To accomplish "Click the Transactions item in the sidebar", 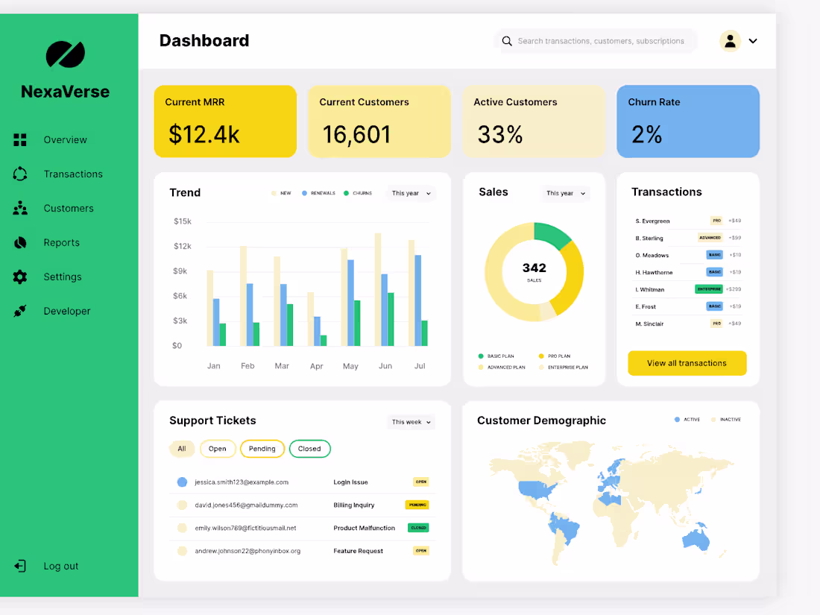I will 72,174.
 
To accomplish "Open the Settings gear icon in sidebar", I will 20,277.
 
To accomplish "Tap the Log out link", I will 60,566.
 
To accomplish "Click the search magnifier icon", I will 507,41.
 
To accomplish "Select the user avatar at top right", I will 730,40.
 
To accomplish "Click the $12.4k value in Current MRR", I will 204,134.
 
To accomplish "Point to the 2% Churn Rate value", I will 646,134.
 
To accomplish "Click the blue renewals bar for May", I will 350,303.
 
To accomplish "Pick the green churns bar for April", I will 324,341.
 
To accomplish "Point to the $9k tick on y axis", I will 181,271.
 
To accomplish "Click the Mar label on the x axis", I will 282,366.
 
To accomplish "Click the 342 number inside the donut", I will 534,268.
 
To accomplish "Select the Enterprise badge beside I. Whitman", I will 709,289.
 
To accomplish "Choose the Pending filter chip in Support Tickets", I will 262,449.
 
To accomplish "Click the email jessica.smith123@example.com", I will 242,482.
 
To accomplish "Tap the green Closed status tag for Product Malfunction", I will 418,528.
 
